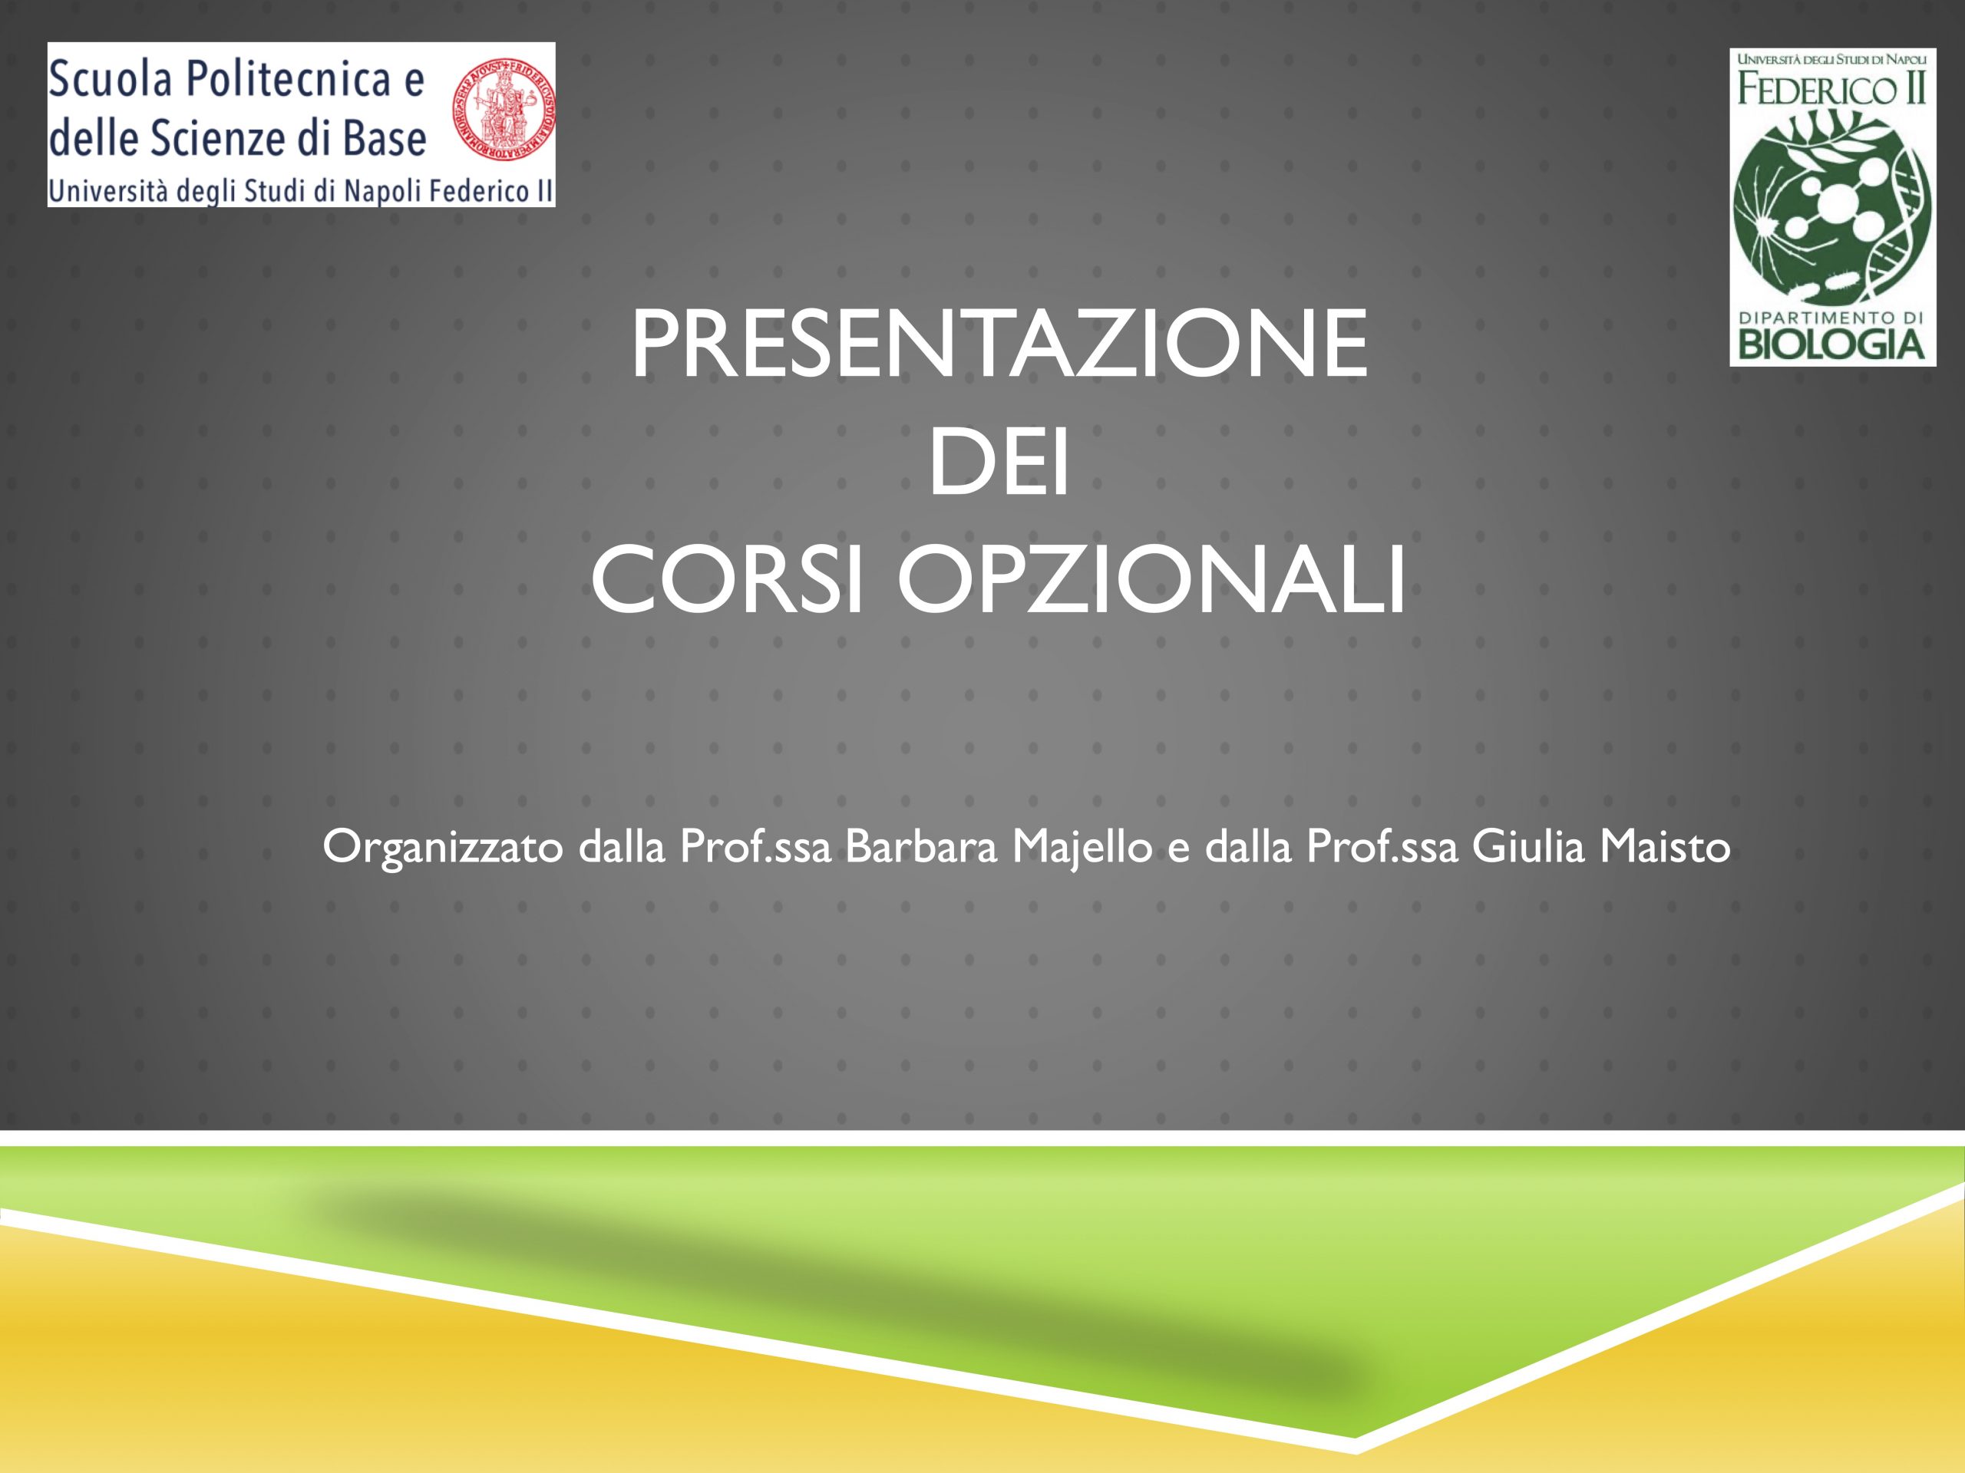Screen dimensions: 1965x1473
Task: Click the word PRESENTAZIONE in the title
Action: point(999,344)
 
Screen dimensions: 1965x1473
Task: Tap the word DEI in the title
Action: point(999,463)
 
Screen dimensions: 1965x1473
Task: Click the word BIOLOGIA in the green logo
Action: point(1831,344)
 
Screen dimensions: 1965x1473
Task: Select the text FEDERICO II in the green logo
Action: point(1831,89)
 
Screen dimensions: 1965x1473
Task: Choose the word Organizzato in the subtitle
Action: point(442,849)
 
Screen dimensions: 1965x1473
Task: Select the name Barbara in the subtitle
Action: point(921,847)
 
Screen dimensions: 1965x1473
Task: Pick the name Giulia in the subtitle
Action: point(1528,847)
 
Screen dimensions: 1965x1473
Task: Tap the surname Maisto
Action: point(1665,847)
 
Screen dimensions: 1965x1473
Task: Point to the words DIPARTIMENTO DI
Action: point(1831,317)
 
